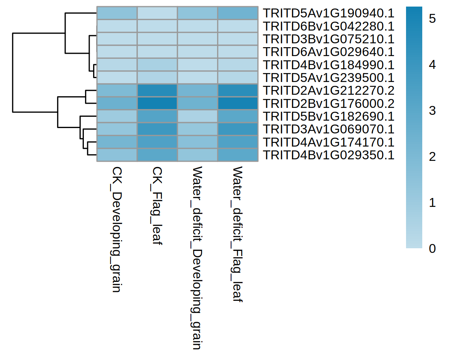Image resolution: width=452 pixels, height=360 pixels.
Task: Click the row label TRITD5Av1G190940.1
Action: (x=328, y=13)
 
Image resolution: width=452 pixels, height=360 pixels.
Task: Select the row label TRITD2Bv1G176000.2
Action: (x=328, y=104)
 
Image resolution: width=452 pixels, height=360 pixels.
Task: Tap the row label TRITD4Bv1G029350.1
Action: (x=328, y=155)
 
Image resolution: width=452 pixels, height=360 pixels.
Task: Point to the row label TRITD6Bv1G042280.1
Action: (x=328, y=26)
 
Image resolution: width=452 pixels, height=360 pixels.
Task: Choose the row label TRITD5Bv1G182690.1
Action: (x=328, y=116)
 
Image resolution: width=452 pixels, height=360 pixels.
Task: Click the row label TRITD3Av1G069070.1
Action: (x=328, y=130)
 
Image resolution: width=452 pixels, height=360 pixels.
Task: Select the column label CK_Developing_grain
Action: (x=117, y=230)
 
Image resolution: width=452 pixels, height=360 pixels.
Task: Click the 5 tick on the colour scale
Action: (x=432, y=18)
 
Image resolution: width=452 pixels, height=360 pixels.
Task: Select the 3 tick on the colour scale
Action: (x=432, y=111)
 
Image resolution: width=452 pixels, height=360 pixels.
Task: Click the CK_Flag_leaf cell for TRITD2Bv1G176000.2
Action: (x=157, y=104)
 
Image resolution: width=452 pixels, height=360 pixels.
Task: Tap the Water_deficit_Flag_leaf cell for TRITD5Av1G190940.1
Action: (x=238, y=13)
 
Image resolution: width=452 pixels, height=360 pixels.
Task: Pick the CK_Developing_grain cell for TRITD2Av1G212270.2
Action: (x=117, y=90)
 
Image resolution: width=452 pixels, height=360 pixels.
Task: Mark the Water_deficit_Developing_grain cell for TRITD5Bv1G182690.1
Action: (x=197, y=116)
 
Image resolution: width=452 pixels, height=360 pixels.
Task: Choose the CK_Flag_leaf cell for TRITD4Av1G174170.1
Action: (x=157, y=142)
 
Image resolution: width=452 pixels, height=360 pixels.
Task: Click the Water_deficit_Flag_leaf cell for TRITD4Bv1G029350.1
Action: (x=238, y=155)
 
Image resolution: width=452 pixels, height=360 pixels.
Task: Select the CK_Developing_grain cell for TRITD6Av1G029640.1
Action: (x=117, y=52)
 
